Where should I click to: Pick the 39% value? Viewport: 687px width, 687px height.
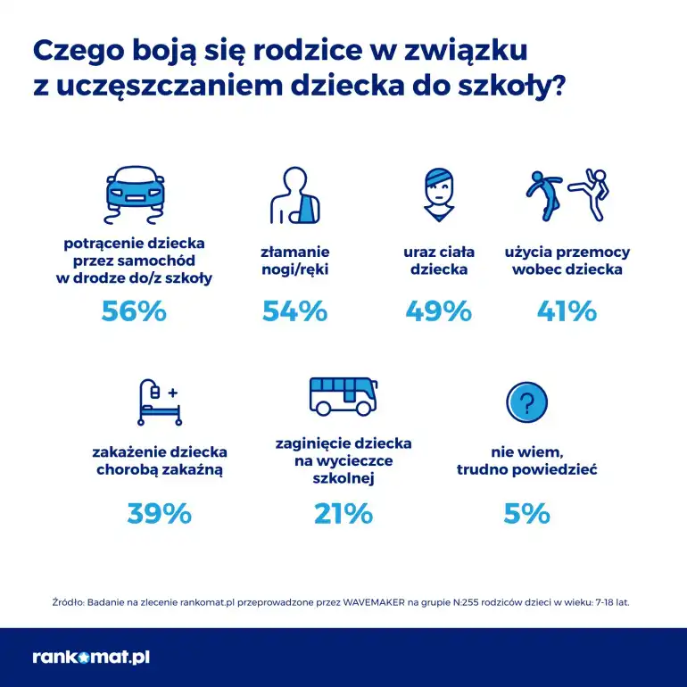pos(160,513)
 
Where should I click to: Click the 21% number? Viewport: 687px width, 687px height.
pos(343,513)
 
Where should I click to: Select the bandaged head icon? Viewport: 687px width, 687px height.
pos(438,195)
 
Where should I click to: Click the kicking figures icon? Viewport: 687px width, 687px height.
pos(567,194)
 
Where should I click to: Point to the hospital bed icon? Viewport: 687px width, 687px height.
pos(159,402)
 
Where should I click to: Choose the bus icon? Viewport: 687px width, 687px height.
pos(342,395)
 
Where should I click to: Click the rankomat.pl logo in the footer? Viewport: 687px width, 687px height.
pos(90,658)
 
